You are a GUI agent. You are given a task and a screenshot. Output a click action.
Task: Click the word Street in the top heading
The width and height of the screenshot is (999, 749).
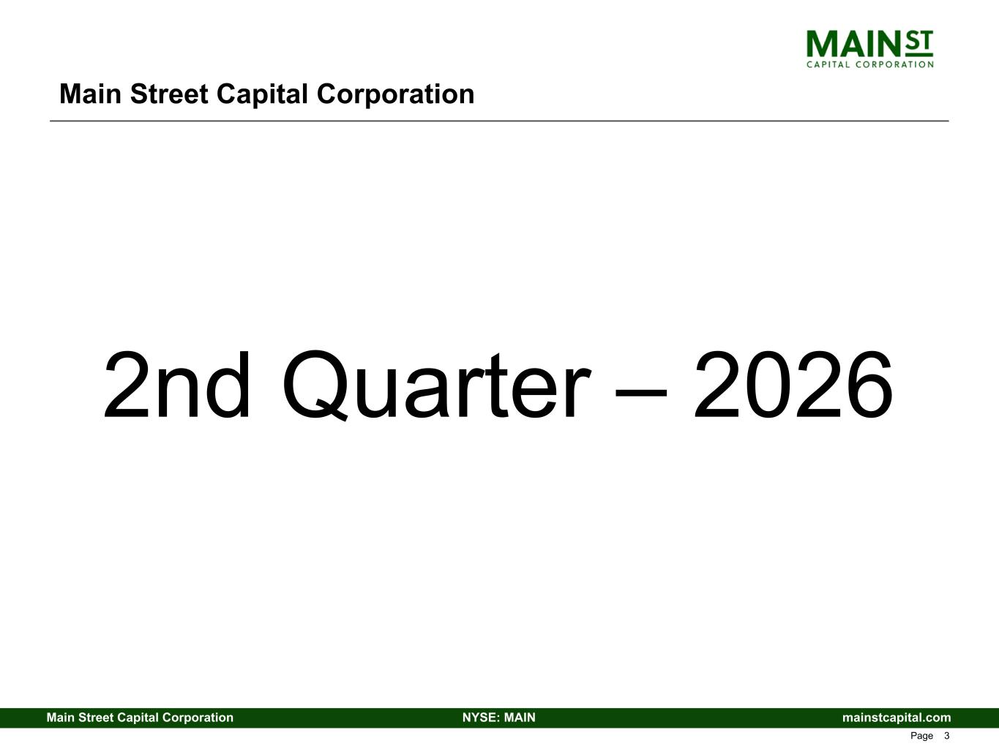point(169,94)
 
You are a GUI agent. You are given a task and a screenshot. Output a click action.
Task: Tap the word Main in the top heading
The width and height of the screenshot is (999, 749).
point(90,94)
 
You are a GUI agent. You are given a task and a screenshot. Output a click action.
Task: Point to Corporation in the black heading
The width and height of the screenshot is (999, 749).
point(395,95)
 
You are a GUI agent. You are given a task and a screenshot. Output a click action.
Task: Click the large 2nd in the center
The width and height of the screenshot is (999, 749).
point(176,385)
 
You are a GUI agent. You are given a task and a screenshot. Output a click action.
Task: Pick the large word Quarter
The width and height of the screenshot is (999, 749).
point(437,385)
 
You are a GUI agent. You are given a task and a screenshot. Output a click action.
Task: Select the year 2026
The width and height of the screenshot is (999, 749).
point(793,385)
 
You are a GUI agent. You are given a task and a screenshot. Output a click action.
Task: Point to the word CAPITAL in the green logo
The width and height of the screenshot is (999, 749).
point(828,64)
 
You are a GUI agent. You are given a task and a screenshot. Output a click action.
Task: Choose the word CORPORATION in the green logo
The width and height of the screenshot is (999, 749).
point(895,64)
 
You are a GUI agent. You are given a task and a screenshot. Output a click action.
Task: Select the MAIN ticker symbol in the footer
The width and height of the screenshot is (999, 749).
point(520,718)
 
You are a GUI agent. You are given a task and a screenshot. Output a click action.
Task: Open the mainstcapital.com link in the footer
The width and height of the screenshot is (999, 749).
point(897,718)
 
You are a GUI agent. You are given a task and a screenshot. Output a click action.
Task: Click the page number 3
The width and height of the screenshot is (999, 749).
point(947,736)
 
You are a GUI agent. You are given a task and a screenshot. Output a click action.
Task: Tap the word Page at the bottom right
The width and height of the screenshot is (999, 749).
point(921,737)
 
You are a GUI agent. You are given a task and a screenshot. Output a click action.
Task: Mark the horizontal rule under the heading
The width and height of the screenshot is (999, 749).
point(499,121)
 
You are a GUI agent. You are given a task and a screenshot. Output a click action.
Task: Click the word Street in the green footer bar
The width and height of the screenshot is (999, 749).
point(96,718)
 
